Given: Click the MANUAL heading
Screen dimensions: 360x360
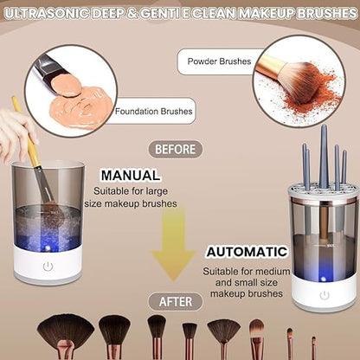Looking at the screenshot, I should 130,175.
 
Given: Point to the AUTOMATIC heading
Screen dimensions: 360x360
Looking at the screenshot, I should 246,252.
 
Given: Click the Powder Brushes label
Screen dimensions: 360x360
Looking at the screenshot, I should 217,61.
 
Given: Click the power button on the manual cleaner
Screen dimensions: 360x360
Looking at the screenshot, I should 48,267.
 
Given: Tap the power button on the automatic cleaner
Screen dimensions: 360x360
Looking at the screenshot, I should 324,294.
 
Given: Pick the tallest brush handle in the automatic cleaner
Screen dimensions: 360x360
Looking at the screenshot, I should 323,156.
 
